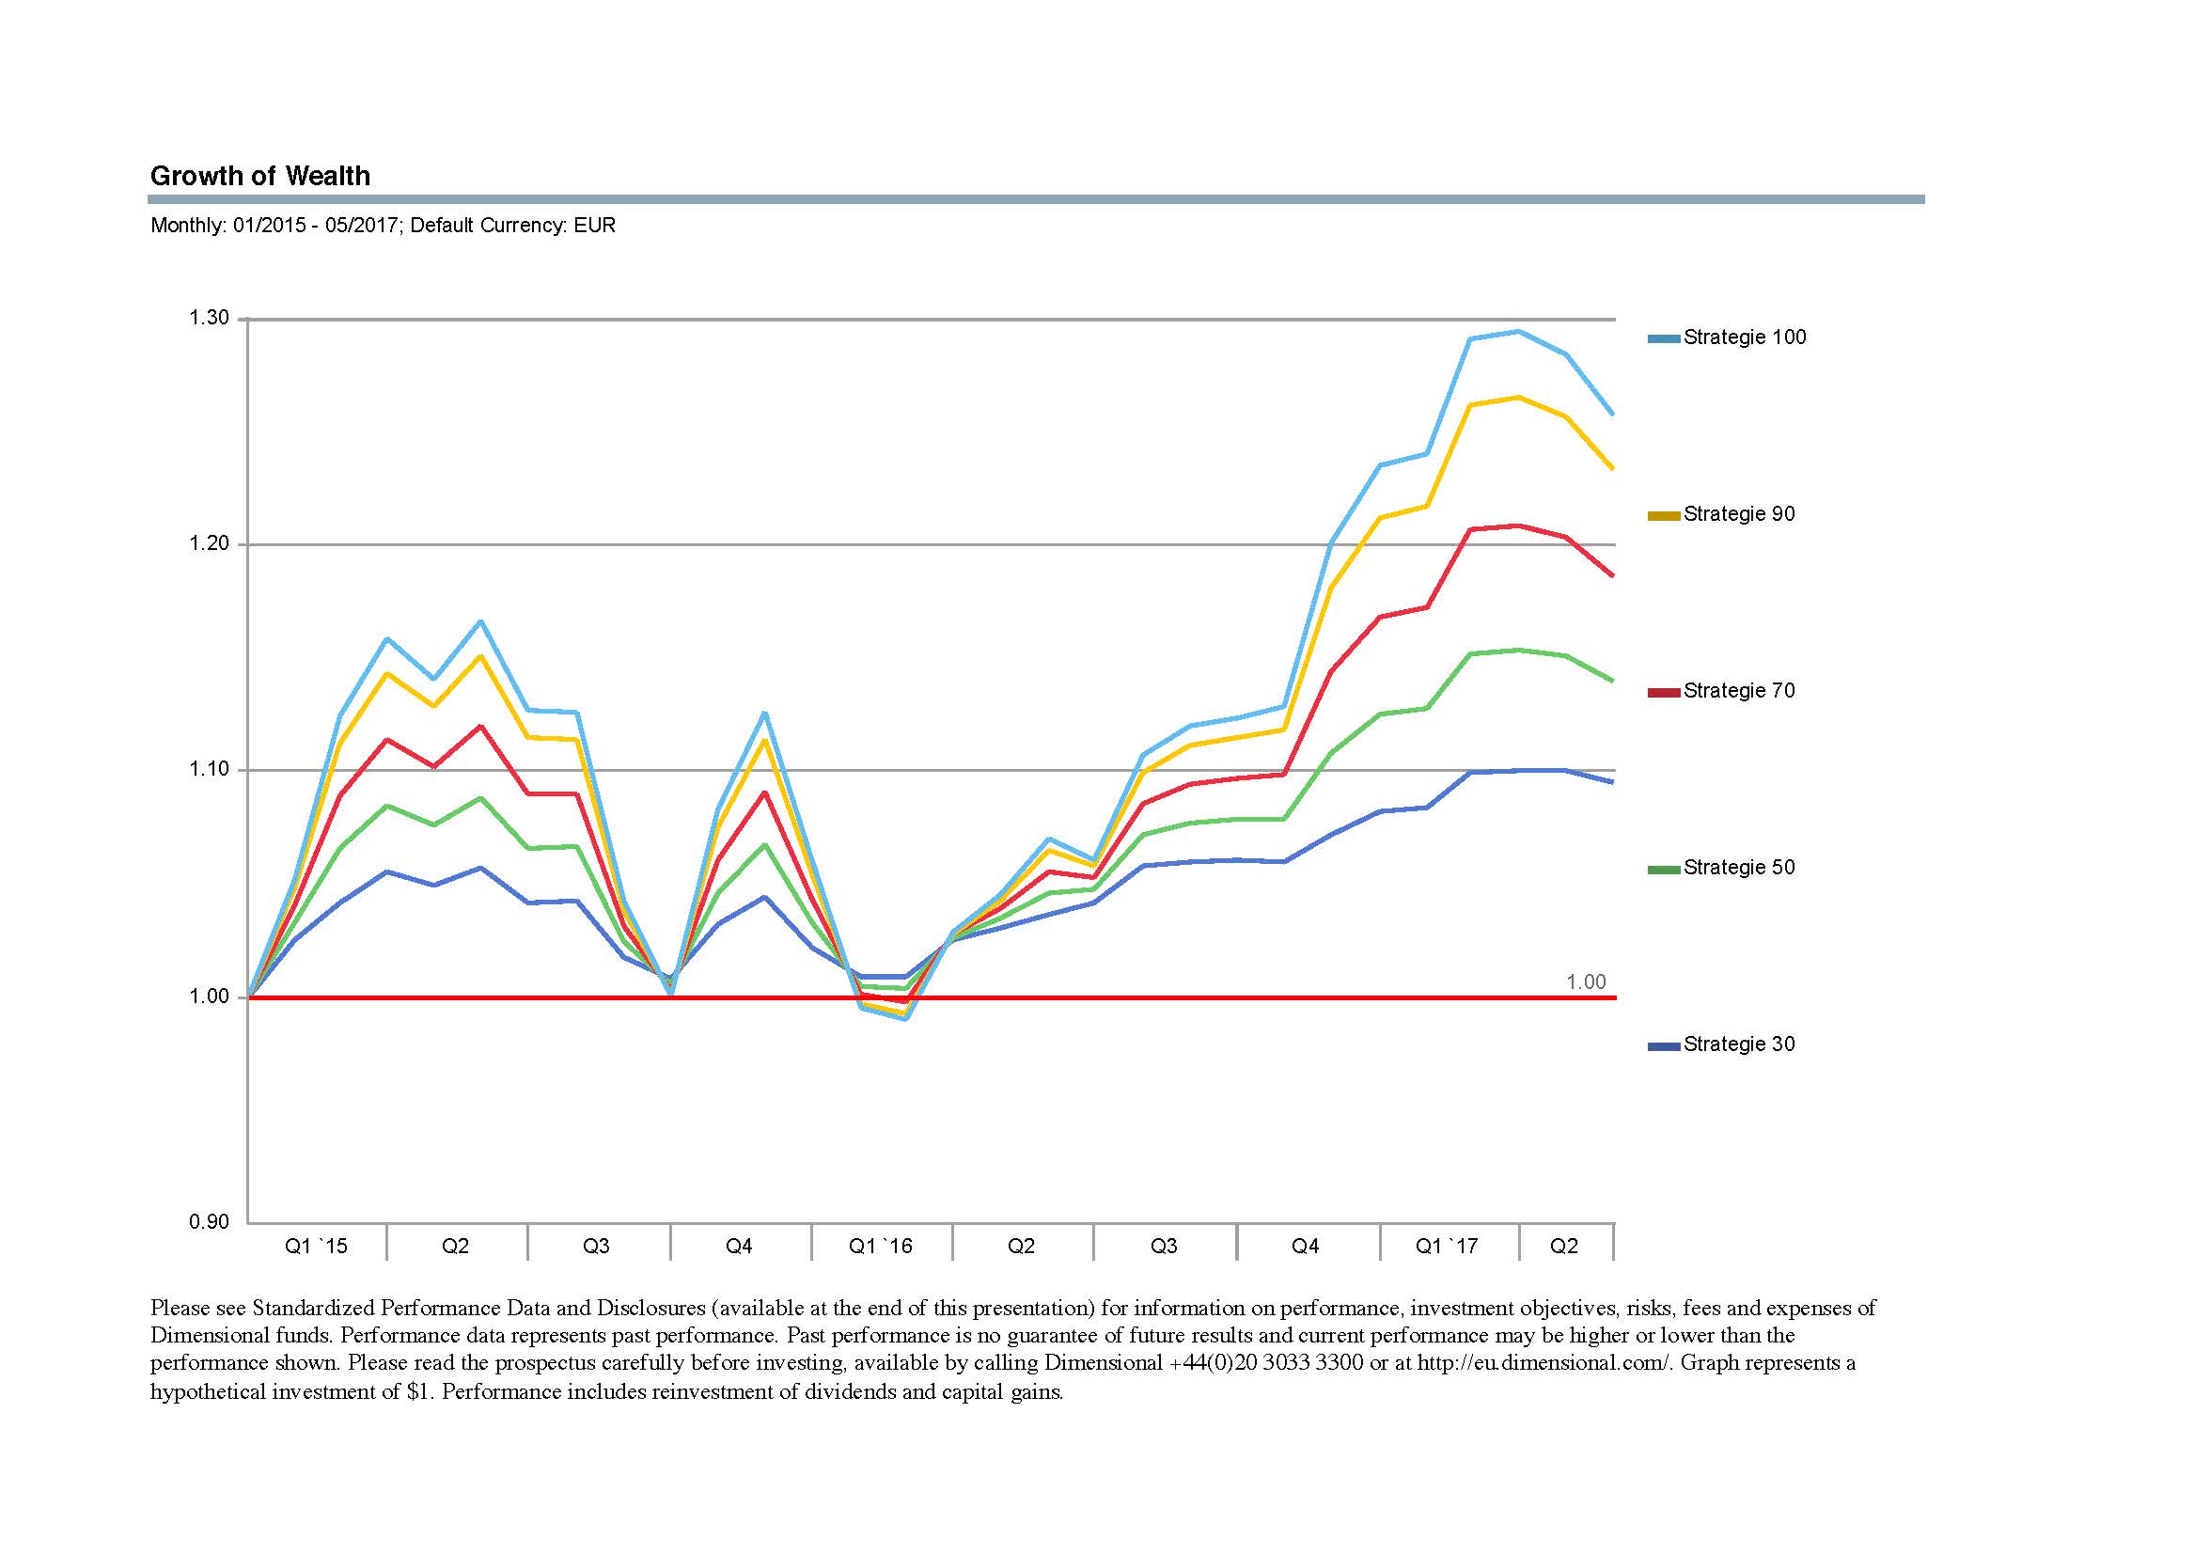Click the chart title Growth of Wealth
[260, 176]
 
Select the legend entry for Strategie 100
[1727, 337]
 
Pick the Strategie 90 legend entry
[1721, 515]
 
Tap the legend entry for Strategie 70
[1721, 691]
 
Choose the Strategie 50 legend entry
[1721, 868]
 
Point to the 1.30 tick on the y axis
[209, 318]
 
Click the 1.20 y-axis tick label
[209, 543]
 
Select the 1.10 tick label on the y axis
[209, 769]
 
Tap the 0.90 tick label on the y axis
[209, 1222]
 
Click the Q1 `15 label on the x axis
[317, 1247]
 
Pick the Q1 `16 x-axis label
[881, 1247]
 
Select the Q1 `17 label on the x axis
[1447, 1247]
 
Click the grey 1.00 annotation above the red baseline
[1586, 982]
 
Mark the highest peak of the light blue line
[1518, 331]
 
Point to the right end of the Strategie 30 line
[1613, 782]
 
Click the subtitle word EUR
[595, 226]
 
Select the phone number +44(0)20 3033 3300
[1267, 1363]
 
